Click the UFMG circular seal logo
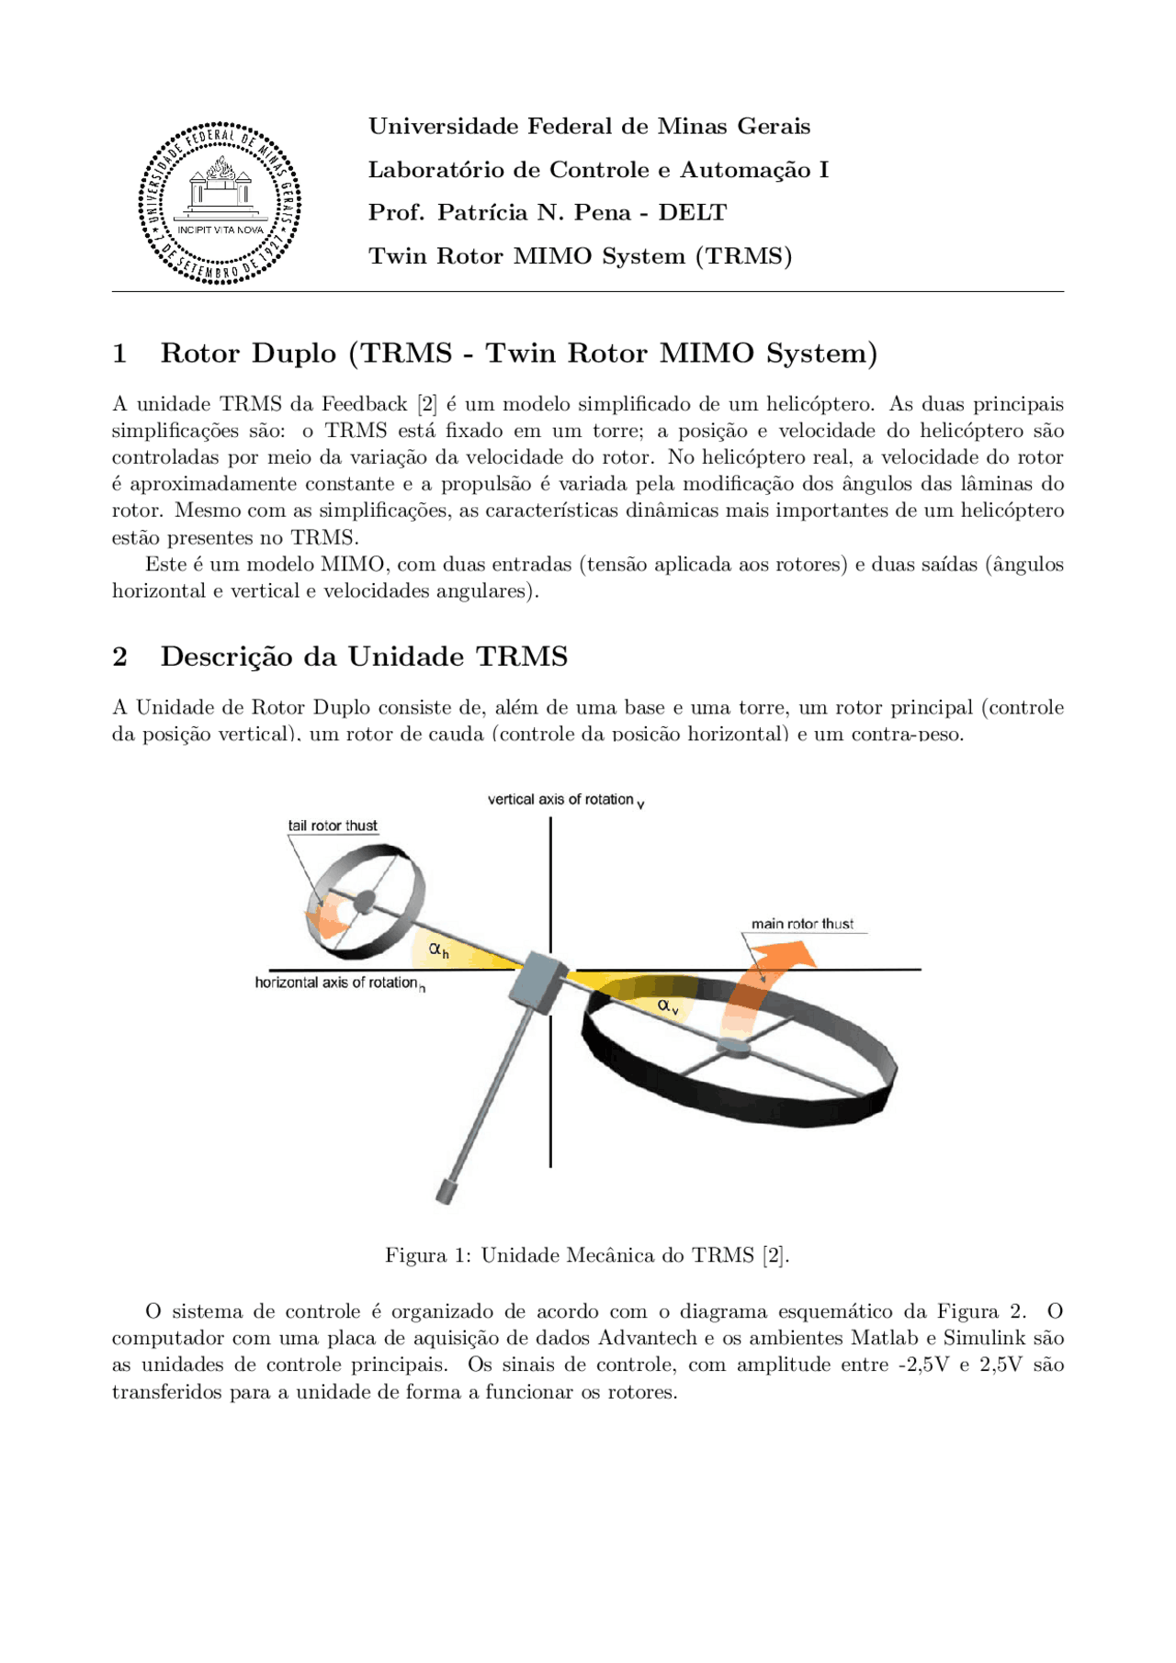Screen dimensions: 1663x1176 [220, 203]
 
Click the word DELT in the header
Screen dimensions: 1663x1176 [692, 213]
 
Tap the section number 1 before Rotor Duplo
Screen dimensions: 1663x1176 [119, 354]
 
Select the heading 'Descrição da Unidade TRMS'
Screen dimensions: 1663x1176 [364, 657]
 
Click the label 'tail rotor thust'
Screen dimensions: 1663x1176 [333, 826]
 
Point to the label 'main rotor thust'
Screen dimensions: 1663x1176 [802, 924]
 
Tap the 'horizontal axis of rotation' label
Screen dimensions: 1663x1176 [336, 983]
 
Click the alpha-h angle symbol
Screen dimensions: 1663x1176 [439, 950]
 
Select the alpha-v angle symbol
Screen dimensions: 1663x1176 [668, 1006]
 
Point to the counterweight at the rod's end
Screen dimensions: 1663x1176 [447, 1191]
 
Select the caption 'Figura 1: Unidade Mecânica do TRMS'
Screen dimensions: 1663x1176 [587, 1255]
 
